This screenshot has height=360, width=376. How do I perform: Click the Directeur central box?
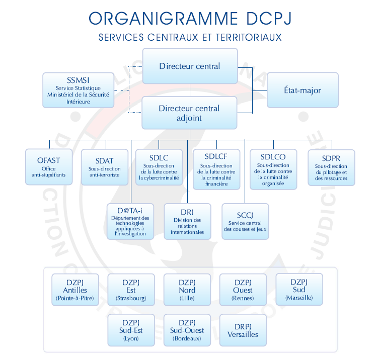tap(190, 66)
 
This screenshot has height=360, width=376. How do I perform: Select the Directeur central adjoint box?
tap(190, 113)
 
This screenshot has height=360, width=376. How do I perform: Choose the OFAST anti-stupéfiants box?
tap(49, 167)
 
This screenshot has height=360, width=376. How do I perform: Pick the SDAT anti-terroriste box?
tap(104, 167)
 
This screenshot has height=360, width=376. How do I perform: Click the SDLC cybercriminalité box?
tap(159, 167)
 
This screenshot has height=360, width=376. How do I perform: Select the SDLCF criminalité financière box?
tap(216, 169)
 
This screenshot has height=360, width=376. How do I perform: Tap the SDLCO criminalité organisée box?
tap(273, 169)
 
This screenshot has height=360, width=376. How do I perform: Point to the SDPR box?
tap(331, 167)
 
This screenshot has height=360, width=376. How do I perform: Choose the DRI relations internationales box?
tap(187, 222)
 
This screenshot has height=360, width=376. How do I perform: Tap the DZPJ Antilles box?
tap(75, 290)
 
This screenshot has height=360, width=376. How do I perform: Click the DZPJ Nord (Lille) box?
tap(187, 290)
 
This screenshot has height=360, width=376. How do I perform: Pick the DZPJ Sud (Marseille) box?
tap(299, 290)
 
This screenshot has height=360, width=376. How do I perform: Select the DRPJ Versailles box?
tap(243, 330)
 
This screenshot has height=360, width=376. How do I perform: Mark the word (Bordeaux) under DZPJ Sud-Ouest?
tap(187, 338)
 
